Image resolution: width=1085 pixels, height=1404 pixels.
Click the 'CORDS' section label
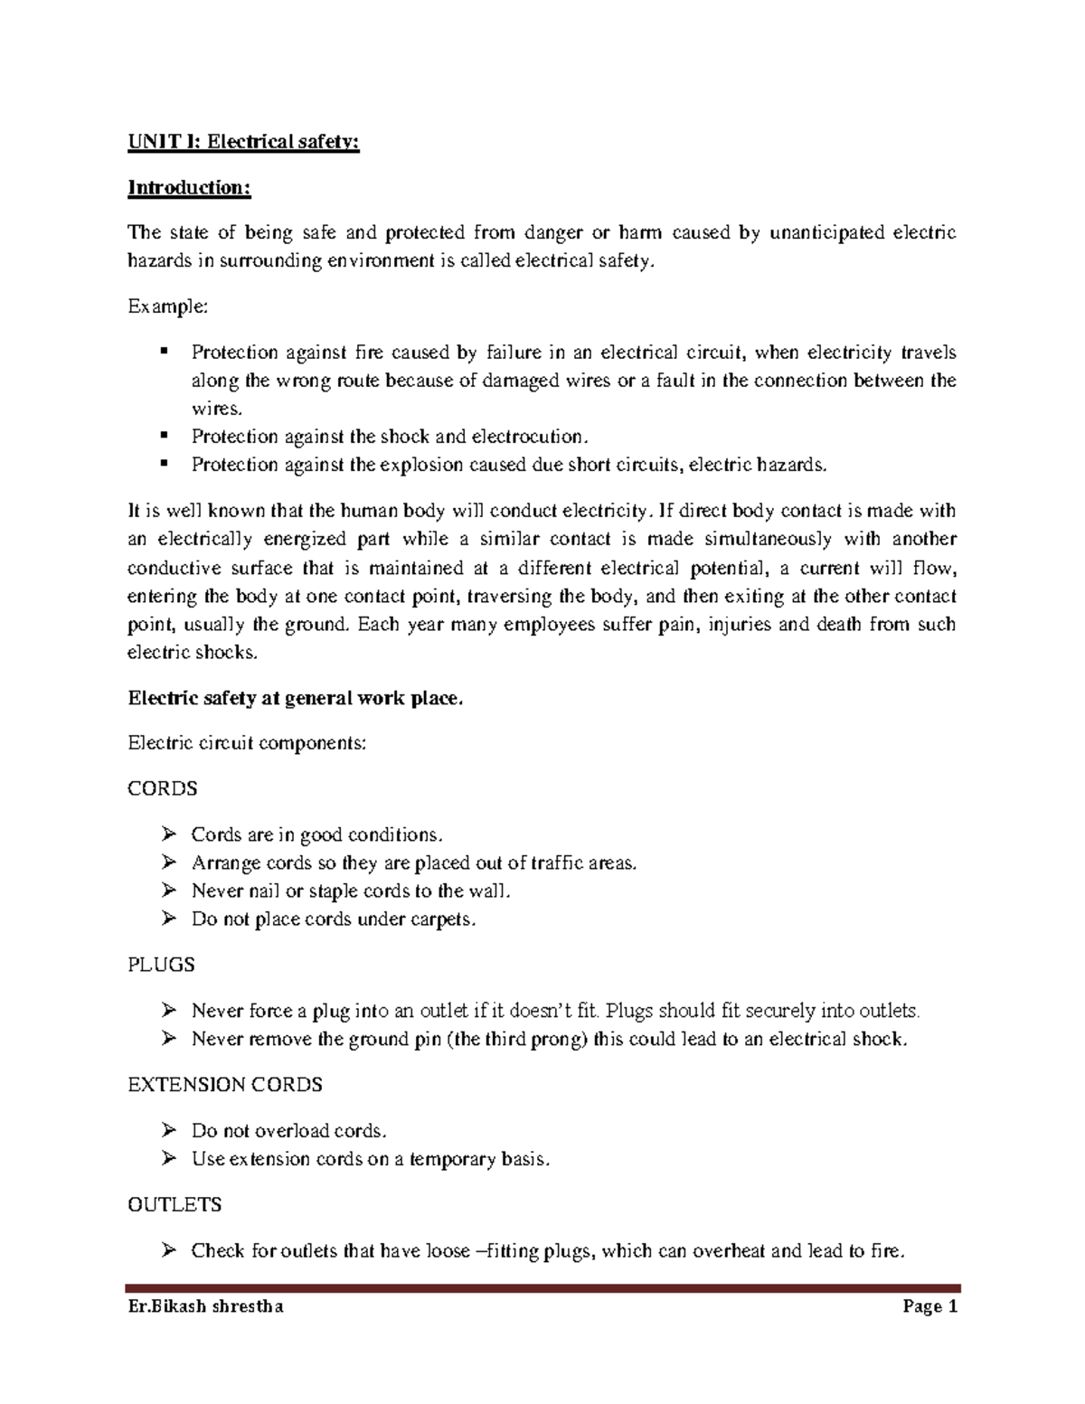click(163, 788)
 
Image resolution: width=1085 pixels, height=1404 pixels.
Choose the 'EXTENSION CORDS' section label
click(225, 1084)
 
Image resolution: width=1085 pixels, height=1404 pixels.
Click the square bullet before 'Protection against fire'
click(164, 351)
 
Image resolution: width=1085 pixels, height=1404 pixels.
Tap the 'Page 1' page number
click(928, 1306)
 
